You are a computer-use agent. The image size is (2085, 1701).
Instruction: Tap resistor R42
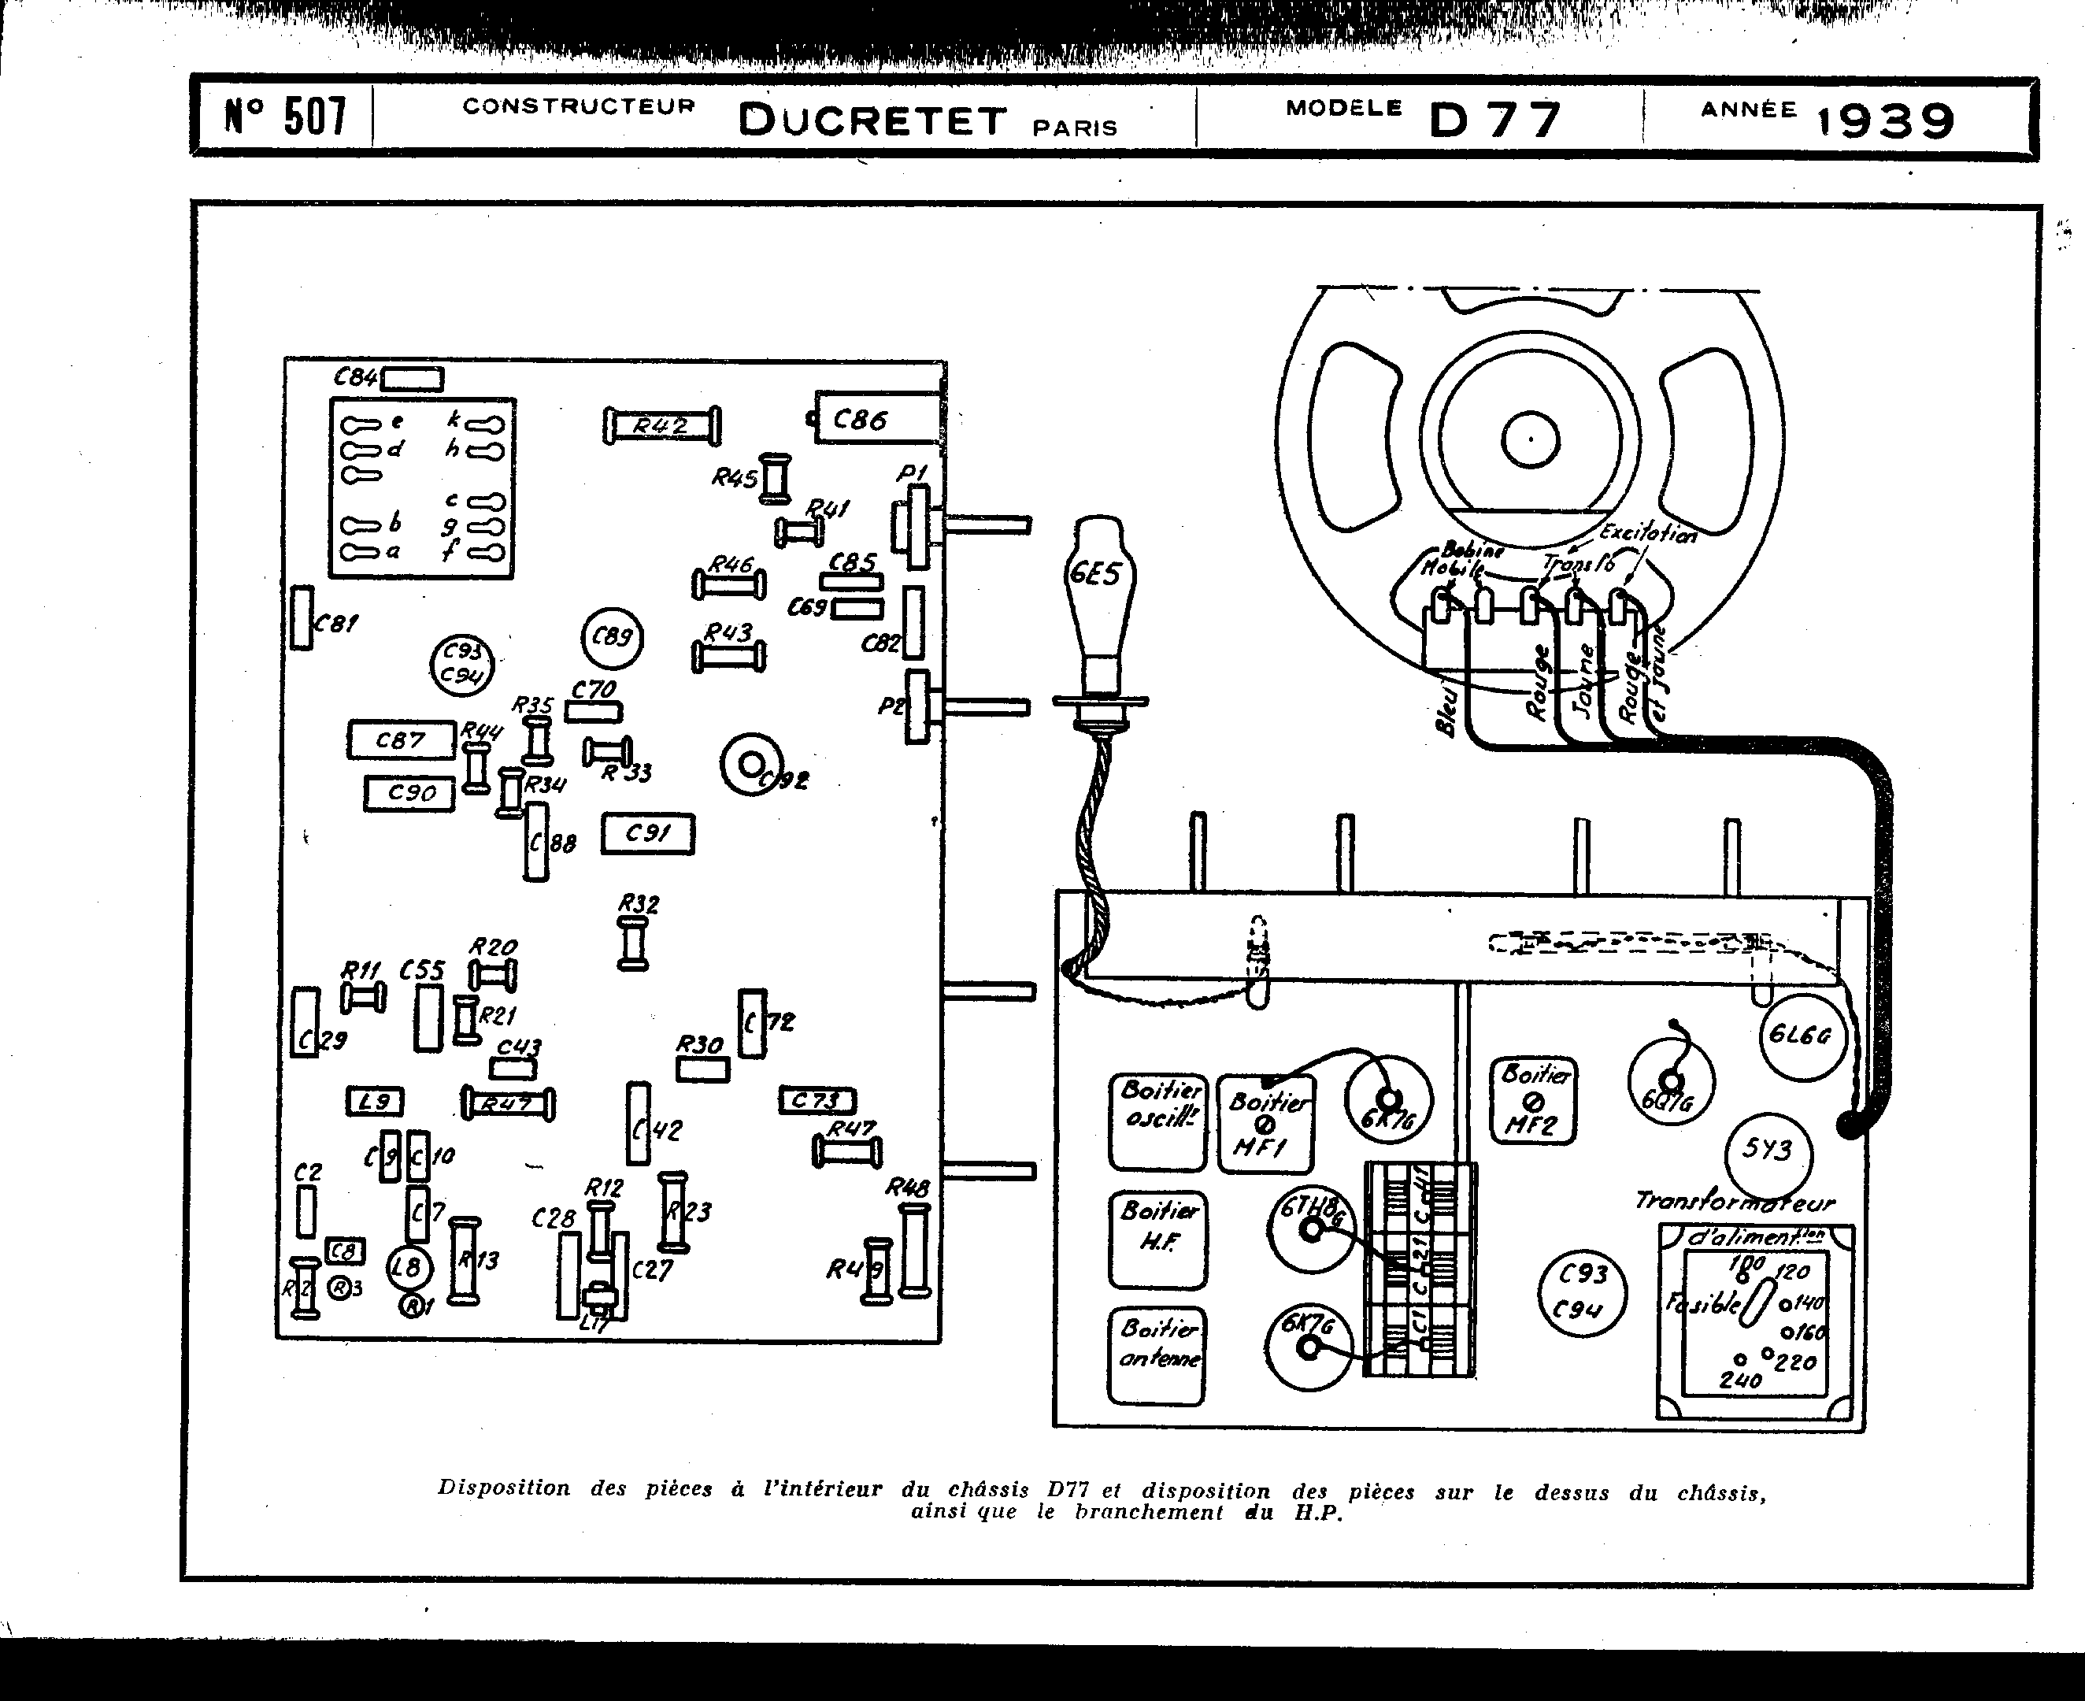661,426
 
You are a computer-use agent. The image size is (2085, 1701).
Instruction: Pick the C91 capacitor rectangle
648,834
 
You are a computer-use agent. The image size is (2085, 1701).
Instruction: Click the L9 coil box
374,1102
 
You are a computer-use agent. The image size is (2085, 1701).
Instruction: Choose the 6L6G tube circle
1801,1036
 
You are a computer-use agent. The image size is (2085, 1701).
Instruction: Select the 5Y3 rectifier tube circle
1768,1151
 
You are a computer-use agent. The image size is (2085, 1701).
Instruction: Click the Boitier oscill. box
1158,1121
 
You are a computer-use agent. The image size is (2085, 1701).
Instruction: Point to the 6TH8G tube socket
1311,1231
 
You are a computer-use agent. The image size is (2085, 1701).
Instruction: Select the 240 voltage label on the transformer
1739,1380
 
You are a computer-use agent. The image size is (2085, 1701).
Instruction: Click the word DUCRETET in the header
872,121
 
